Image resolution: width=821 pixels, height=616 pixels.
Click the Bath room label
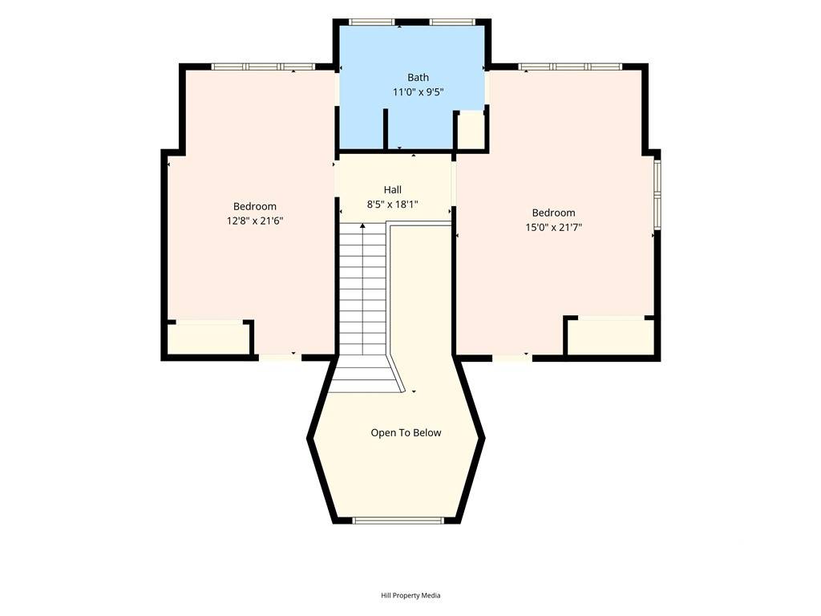pyautogui.click(x=418, y=78)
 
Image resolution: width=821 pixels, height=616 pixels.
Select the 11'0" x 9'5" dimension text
pyautogui.click(x=419, y=92)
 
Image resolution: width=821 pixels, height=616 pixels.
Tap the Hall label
pyautogui.click(x=393, y=189)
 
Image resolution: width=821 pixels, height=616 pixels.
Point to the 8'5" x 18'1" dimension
pyautogui.click(x=393, y=205)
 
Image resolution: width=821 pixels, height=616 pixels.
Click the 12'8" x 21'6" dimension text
pyautogui.click(x=255, y=221)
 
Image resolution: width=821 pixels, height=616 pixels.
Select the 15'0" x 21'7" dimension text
pyautogui.click(x=554, y=227)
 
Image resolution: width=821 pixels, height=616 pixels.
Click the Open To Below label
pyautogui.click(x=406, y=432)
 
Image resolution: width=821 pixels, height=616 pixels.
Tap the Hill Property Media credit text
pyautogui.click(x=410, y=595)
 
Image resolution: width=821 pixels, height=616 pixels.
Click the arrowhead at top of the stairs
pyautogui.click(x=363, y=225)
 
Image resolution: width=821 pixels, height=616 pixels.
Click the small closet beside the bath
pyautogui.click(x=471, y=131)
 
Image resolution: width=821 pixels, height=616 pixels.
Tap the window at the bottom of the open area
pyautogui.click(x=398, y=520)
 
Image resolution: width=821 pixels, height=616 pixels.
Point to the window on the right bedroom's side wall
pyautogui.click(x=657, y=194)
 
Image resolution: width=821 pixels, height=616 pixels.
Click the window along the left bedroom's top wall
pyautogui.click(x=263, y=67)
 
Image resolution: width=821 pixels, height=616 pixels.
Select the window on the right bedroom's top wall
pyautogui.click(x=570, y=67)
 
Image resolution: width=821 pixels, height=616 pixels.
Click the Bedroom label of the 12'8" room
pyautogui.click(x=255, y=206)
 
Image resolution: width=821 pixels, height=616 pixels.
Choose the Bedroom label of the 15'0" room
pyautogui.click(x=554, y=213)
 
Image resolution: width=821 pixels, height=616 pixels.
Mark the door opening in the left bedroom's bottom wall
pyautogui.click(x=280, y=358)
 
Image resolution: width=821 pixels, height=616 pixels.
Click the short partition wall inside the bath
pyautogui.click(x=386, y=129)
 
